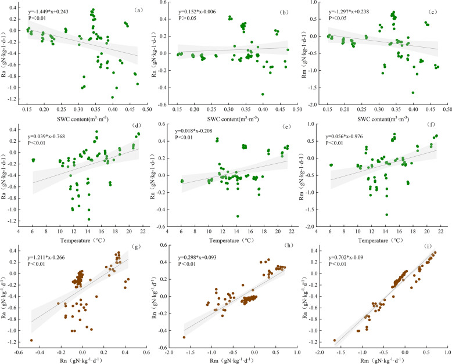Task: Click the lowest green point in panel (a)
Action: (112, 98)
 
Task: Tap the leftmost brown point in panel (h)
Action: (184, 337)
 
